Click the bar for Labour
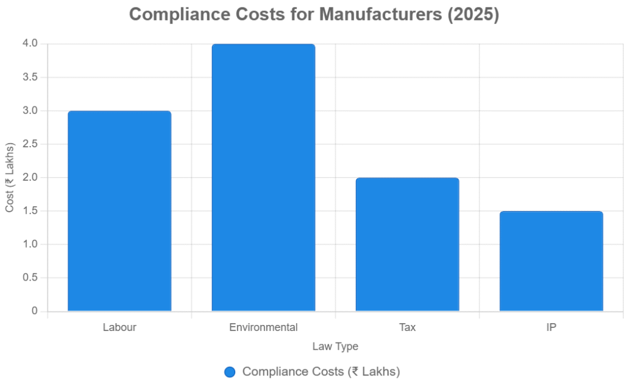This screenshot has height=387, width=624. [x=119, y=211]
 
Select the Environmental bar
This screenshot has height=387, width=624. [x=263, y=178]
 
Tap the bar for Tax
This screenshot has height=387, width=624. [x=407, y=245]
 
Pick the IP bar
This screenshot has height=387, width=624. [x=551, y=261]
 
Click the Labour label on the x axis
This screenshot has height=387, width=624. [x=119, y=327]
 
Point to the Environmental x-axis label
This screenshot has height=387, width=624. [x=263, y=327]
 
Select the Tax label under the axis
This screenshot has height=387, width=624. [x=407, y=327]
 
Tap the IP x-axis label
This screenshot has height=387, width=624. [x=551, y=327]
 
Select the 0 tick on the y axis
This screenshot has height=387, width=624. [x=35, y=311]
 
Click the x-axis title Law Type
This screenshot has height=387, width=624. [x=335, y=347]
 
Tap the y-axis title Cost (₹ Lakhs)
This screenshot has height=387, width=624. [x=10, y=178]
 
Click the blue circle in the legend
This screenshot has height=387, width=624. [x=230, y=372]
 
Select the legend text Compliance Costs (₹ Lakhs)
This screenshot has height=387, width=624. [x=321, y=372]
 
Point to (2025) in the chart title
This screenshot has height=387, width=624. [x=473, y=15]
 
